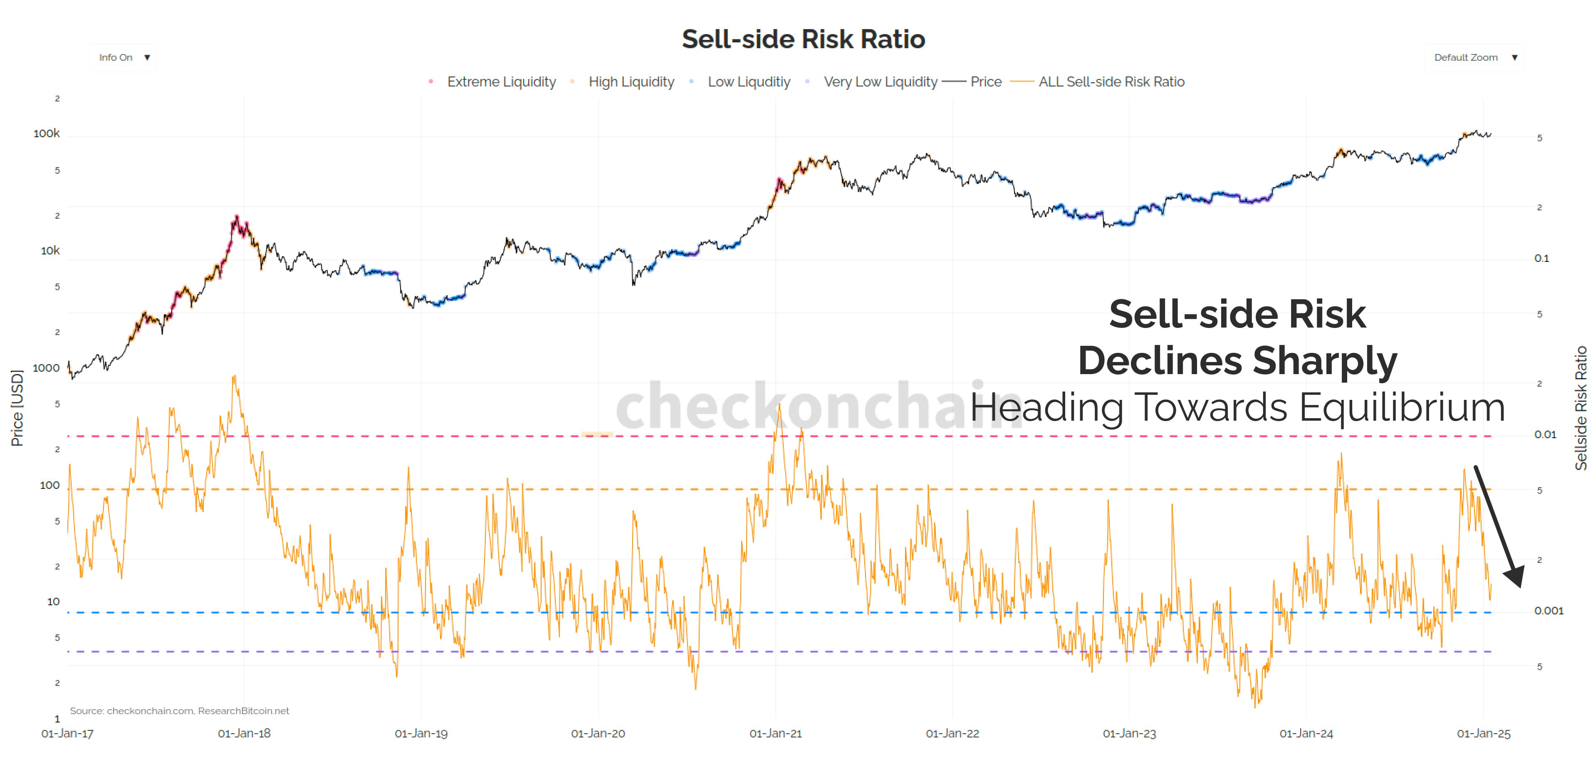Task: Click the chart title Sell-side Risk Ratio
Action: [x=803, y=39]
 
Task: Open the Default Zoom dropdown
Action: [x=1474, y=57]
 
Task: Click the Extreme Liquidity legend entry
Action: [x=501, y=81]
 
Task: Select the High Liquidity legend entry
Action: [x=631, y=81]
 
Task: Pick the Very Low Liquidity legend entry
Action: [x=880, y=81]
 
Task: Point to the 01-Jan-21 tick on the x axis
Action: [x=775, y=733]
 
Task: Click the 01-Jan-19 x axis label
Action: [x=421, y=733]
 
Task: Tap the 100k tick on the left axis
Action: [x=47, y=133]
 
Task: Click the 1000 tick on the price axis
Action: [x=47, y=368]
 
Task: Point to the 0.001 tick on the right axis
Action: [x=1548, y=611]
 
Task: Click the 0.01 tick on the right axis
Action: [x=1545, y=435]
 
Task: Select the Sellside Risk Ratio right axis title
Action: [x=1581, y=408]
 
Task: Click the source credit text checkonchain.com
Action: [x=150, y=711]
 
